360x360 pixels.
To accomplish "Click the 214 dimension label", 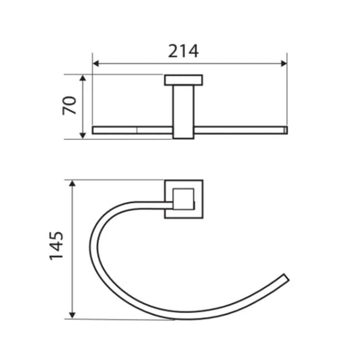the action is click(183, 51).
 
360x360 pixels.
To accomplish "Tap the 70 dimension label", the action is click(69, 105).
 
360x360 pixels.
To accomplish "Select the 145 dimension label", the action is click(56, 246).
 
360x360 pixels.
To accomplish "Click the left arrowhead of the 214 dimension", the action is click(95, 64).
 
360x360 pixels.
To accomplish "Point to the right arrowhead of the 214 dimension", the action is click(284, 64).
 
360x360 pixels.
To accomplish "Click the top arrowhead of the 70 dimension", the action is click(82, 78).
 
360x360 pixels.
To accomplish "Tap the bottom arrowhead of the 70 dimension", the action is click(82, 136).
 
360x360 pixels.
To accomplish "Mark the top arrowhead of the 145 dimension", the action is click(72, 183).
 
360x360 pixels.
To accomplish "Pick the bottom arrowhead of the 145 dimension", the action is click(72, 316).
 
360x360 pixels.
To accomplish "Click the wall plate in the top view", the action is click(183, 80).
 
